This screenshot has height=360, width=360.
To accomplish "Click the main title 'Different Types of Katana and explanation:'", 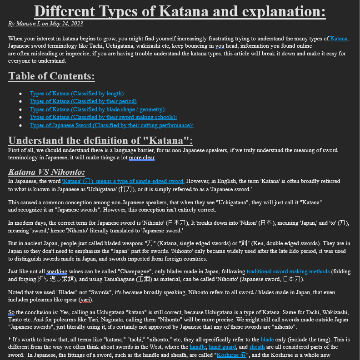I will (x=180, y=11).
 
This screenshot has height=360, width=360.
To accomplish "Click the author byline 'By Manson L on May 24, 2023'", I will (x=45, y=24).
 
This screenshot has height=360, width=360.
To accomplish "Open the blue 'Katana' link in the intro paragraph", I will (x=339, y=39).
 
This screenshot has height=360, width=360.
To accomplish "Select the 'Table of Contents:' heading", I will (x=51, y=76).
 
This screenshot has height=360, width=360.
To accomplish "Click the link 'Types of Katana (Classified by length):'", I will (x=77, y=94).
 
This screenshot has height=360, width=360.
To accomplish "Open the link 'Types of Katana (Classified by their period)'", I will (x=83, y=101).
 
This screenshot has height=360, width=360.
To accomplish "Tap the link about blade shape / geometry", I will (x=98, y=109).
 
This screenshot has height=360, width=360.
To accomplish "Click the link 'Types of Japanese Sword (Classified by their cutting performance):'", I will (x=111, y=125).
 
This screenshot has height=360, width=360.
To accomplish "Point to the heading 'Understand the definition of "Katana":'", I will (x=100, y=140).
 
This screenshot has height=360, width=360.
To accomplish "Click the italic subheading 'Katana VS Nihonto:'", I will (x=46, y=172).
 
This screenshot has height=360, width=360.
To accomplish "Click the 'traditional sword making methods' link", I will (x=288, y=271).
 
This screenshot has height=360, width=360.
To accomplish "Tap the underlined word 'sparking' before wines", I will (x=56, y=271).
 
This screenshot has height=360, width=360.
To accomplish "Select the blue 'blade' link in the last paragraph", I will (x=267, y=340).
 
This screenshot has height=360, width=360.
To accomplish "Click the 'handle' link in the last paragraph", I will (x=198, y=347).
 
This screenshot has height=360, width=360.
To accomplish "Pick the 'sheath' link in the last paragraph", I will (x=257, y=347).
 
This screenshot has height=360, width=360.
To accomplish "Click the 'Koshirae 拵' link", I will (x=231, y=355).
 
